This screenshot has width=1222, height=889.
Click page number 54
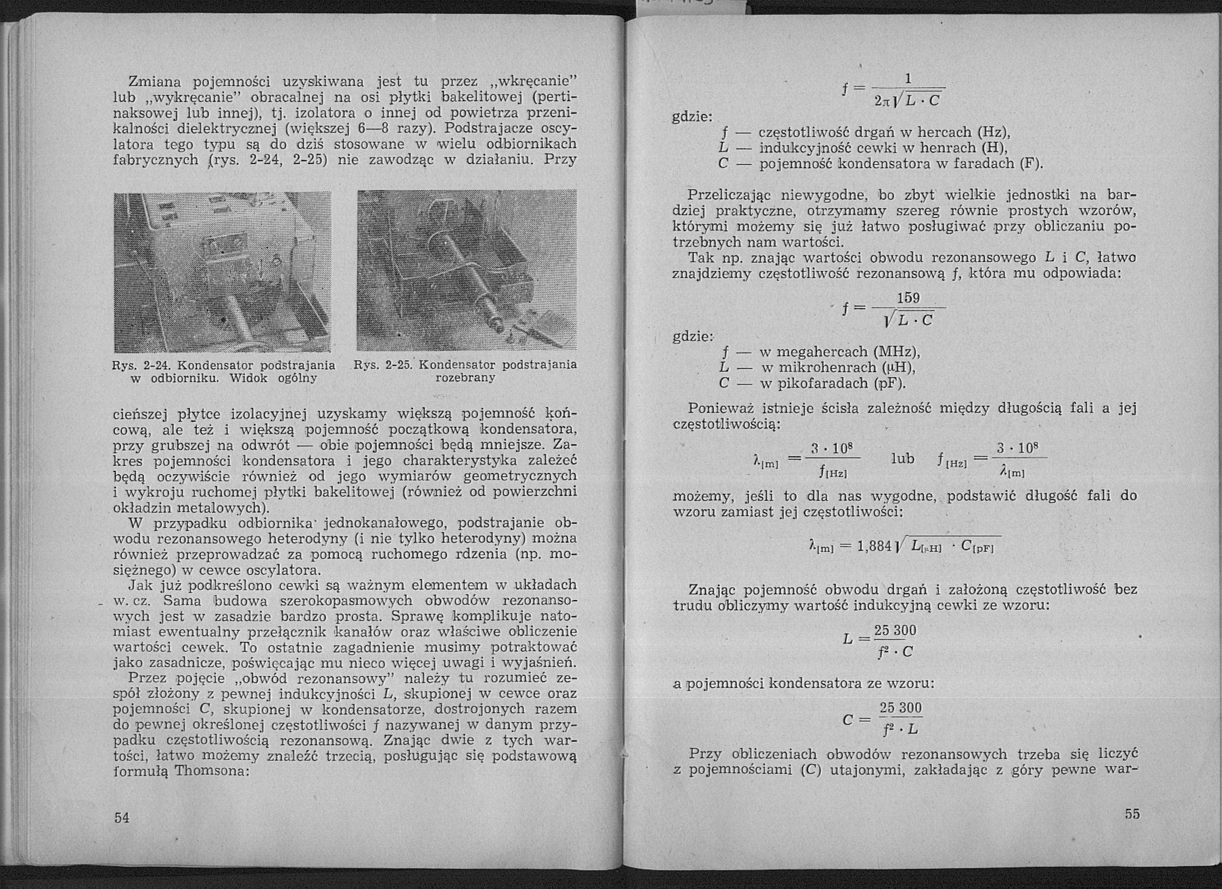[122, 818]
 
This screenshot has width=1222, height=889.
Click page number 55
[1133, 814]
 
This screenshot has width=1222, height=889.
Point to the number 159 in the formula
[908, 298]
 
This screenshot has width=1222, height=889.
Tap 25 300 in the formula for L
[895, 630]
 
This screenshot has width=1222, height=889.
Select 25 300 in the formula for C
[901, 708]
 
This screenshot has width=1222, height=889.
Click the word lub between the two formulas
[903, 459]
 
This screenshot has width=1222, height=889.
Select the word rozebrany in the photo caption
[465, 378]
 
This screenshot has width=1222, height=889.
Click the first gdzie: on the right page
[693, 117]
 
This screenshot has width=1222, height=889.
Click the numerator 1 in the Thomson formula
[908, 79]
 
